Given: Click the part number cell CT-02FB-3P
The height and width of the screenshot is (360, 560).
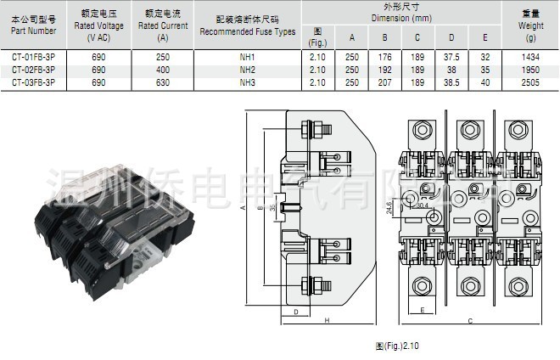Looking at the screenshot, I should [34, 70].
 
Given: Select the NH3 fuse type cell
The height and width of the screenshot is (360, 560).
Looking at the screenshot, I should [247, 82].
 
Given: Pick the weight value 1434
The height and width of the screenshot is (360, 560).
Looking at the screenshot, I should [531, 58].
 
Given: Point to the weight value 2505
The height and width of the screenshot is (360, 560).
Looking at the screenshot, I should [531, 82].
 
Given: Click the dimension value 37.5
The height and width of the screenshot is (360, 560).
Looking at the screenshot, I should [451, 58].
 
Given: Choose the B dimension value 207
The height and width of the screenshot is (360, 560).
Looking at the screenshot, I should [384, 82].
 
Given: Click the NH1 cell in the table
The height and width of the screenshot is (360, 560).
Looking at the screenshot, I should [247, 58].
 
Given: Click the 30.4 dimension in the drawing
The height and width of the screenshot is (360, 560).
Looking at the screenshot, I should [422, 205].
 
